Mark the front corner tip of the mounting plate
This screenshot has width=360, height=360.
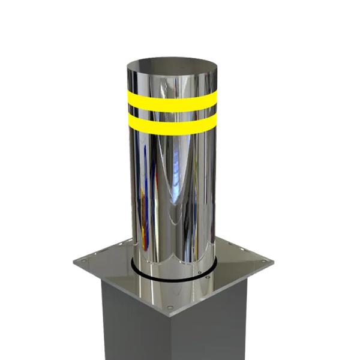click(x=170, y=316)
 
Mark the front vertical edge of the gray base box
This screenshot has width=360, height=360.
click(x=170, y=339)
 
